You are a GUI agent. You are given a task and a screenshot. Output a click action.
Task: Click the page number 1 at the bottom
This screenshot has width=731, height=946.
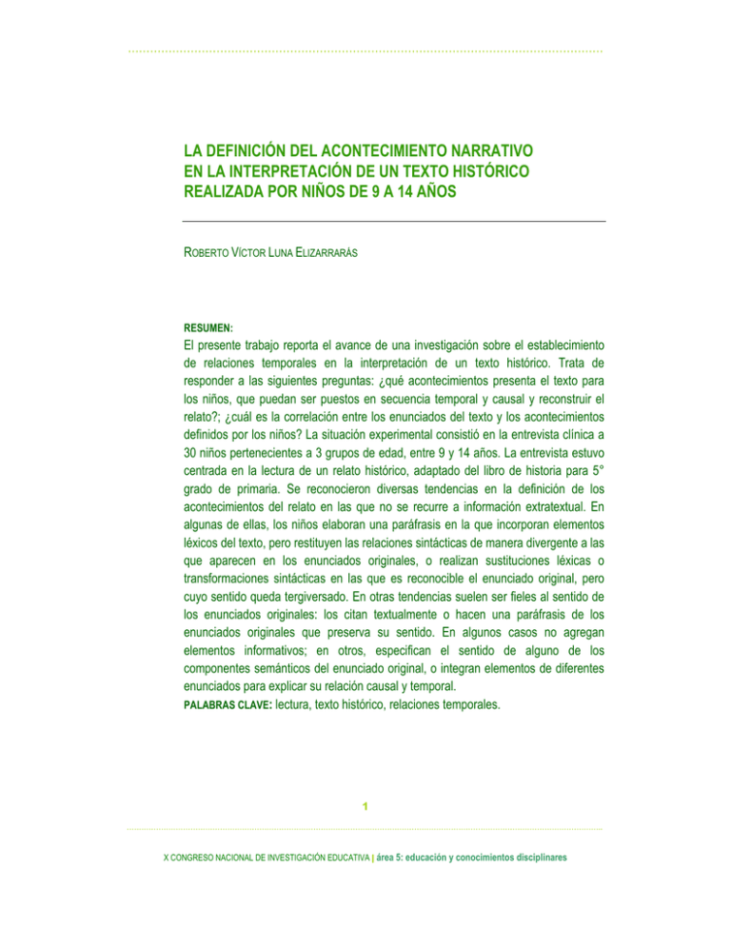[x=365, y=808]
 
